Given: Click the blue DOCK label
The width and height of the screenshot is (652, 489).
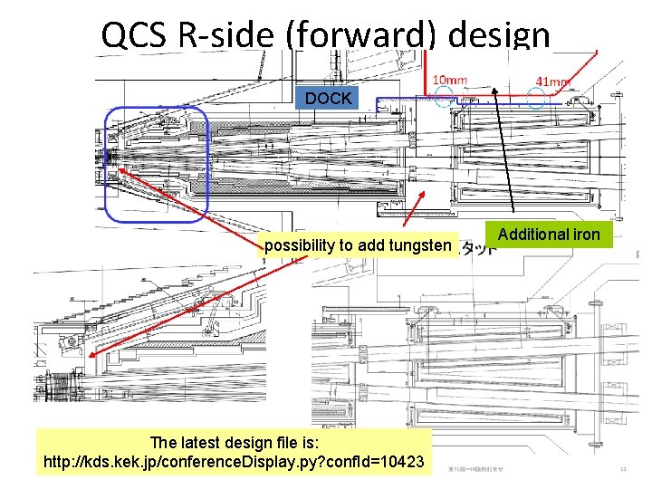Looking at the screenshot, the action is [x=328, y=98].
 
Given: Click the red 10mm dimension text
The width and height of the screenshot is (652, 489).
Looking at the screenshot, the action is [x=450, y=80].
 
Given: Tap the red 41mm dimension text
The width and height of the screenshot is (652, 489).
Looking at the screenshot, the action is [x=553, y=81].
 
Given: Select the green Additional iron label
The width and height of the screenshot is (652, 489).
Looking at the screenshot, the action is [x=549, y=235].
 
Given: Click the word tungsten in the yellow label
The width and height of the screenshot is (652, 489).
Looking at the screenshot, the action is [x=418, y=245].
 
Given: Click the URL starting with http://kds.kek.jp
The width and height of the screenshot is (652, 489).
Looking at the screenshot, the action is [x=234, y=462].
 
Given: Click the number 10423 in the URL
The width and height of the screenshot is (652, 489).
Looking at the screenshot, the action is [x=402, y=462].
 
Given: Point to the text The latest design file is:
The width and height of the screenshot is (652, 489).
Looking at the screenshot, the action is [x=233, y=443].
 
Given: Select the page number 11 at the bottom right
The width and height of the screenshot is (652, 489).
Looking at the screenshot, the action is [x=622, y=468].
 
